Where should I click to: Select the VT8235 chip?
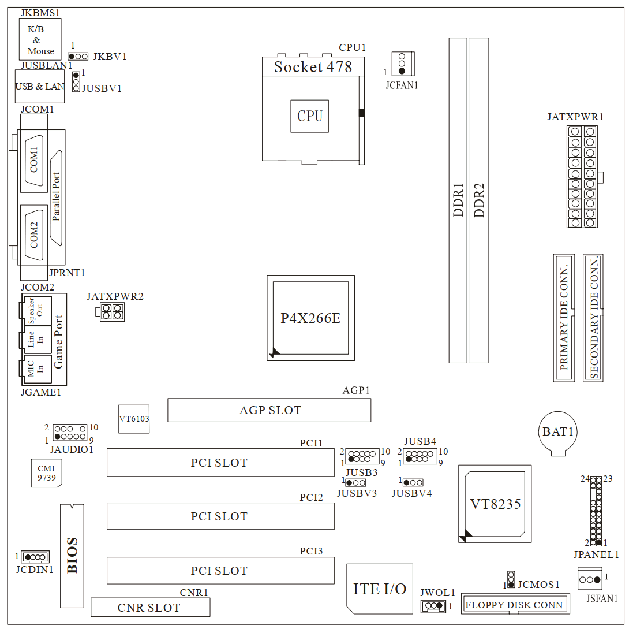495,503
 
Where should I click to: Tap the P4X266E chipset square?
310,318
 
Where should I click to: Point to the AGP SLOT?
269,410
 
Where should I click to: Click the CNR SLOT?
150,608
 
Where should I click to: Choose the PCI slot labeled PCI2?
220,516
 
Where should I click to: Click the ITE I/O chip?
380,589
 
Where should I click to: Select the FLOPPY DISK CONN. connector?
515,605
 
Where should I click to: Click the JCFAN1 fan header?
402,63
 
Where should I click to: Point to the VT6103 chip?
134,419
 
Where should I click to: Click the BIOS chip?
72,555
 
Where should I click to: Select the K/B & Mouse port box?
40,39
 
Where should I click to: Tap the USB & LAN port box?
39,87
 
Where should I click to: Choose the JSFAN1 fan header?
590,579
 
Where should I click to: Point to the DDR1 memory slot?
458,200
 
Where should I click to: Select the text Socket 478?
313,66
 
